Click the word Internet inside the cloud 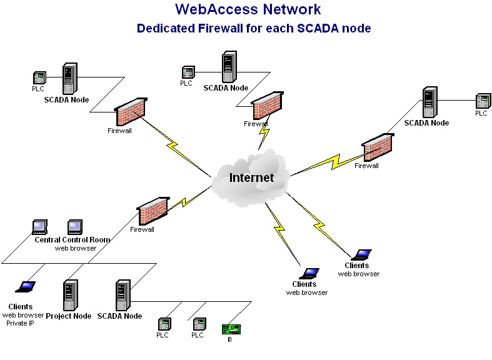(251, 177)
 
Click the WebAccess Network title (248, 9)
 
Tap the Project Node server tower (69, 295)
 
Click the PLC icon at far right (481, 101)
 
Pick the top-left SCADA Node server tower (69, 79)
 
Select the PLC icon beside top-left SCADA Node (39, 78)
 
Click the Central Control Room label (72, 240)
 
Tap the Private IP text (21, 323)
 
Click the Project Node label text (69, 316)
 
